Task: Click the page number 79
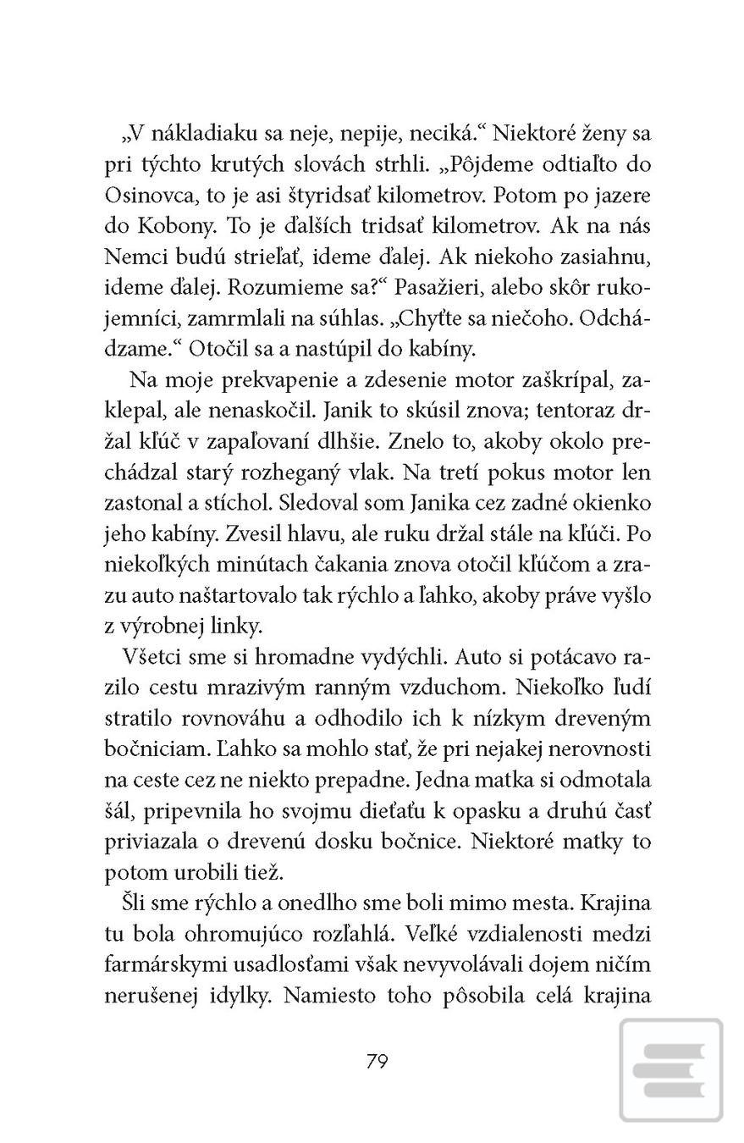(x=378, y=1061)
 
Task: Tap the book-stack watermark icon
(x=671, y=1070)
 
